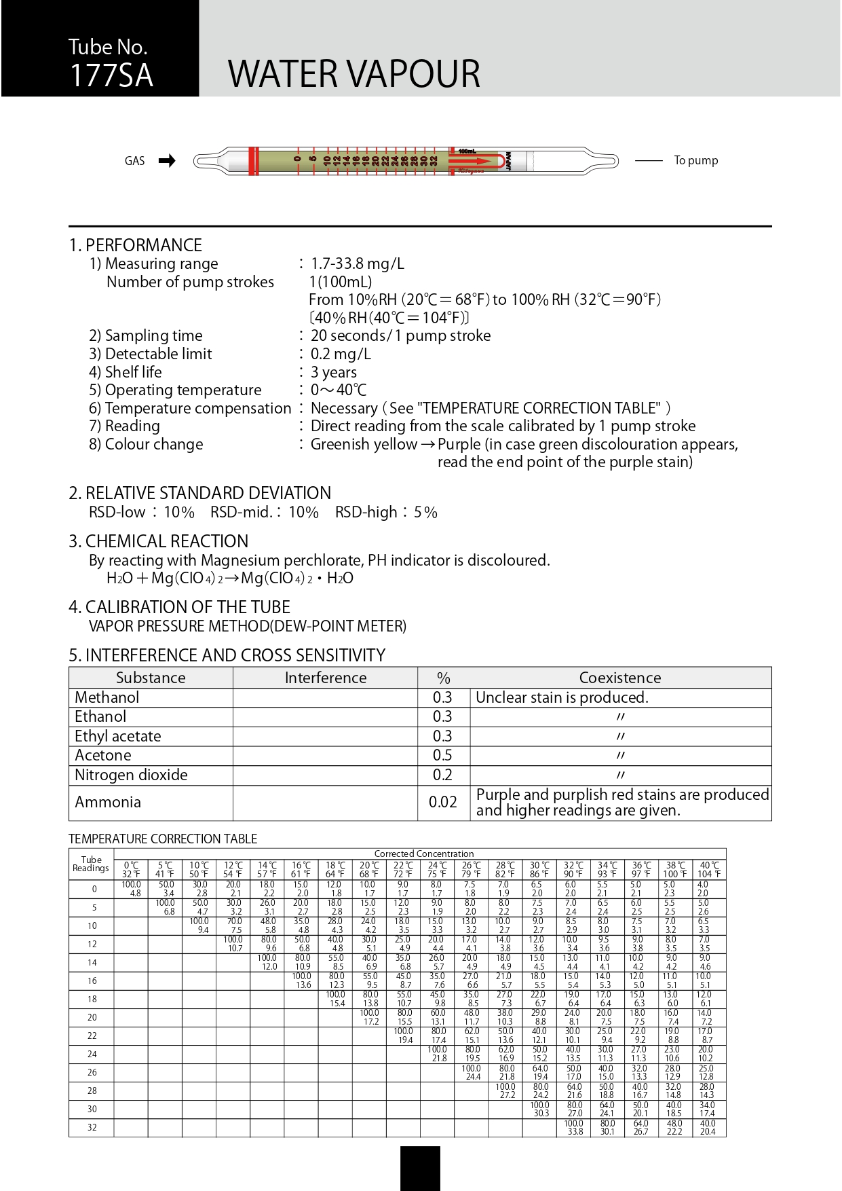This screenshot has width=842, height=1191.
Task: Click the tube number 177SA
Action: (111, 75)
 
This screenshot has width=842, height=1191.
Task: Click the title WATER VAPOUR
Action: (353, 74)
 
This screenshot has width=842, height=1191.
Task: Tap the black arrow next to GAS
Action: (167, 161)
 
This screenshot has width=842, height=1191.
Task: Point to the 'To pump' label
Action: (695, 161)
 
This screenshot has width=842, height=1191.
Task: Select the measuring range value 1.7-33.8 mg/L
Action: (357, 263)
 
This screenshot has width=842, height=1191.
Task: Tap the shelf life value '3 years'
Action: (333, 372)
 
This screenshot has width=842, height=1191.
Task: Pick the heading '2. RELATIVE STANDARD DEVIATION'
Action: (200, 493)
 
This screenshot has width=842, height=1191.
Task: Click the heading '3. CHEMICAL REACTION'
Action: (159, 541)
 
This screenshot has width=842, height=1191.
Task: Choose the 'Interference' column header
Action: (325, 678)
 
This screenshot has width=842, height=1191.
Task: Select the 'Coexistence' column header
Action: (619, 678)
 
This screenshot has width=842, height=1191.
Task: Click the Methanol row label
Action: (107, 697)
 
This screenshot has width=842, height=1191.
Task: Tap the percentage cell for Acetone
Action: (442, 755)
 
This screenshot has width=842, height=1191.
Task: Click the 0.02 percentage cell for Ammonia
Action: (442, 802)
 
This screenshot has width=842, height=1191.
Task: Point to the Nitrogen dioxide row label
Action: (131, 775)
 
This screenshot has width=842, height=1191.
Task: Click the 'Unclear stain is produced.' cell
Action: (562, 697)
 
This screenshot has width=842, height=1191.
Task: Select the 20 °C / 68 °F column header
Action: (369, 870)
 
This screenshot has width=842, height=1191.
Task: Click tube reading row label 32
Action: (91, 1128)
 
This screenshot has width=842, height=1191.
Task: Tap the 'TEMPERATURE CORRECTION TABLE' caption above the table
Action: (163, 839)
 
